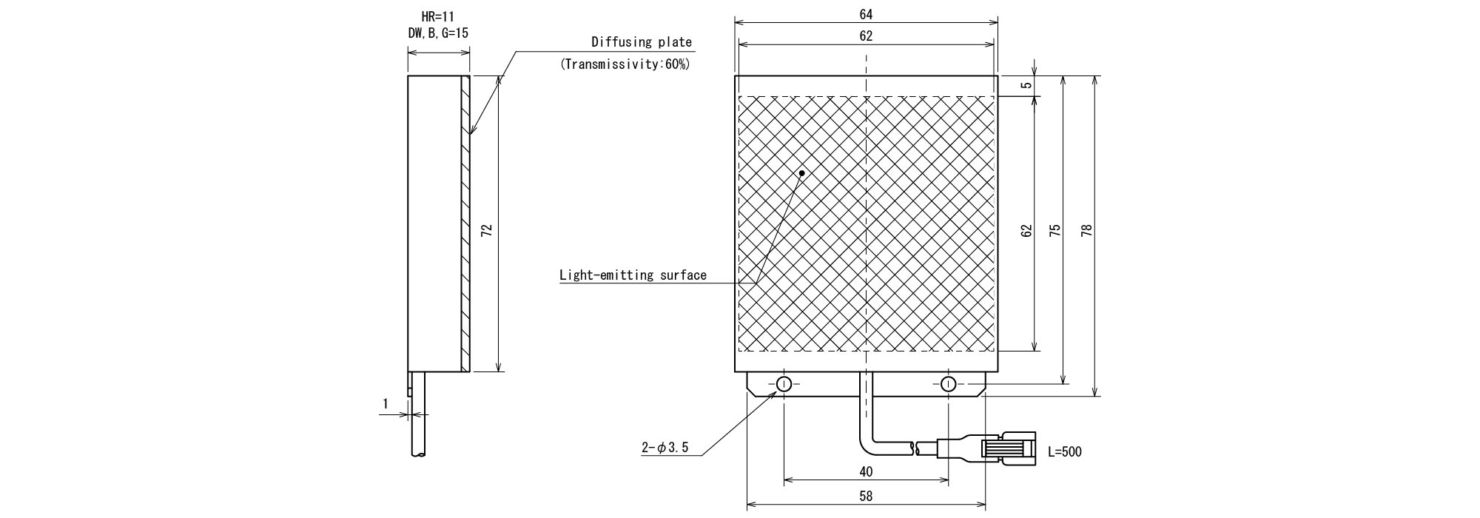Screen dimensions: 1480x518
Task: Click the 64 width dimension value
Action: [x=866, y=14]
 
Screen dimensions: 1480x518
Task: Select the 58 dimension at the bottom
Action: [x=866, y=497]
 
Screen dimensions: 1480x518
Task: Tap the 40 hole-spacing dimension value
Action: [x=866, y=471]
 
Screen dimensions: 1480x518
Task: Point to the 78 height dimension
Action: [x=1086, y=230]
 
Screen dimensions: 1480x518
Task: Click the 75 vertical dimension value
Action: [x=1055, y=230]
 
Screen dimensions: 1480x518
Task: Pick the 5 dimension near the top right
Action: [x=1026, y=85]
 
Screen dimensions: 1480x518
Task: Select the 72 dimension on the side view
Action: [x=486, y=230]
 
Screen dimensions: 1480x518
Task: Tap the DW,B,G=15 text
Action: [x=439, y=33]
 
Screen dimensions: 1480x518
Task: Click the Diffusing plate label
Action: [x=642, y=42]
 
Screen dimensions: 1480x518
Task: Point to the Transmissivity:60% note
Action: [x=625, y=64]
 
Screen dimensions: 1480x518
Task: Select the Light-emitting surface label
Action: [x=633, y=275]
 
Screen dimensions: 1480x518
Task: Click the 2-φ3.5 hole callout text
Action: [x=665, y=448]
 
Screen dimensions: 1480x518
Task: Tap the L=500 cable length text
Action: [x=1065, y=451]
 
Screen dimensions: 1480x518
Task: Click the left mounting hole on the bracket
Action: [x=784, y=383]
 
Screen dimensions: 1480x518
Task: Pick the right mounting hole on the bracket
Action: [x=948, y=383]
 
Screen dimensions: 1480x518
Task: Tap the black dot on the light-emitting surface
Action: [x=801, y=173]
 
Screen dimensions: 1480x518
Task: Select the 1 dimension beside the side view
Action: [x=386, y=404]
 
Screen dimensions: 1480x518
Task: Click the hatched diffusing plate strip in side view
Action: [x=465, y=223]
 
